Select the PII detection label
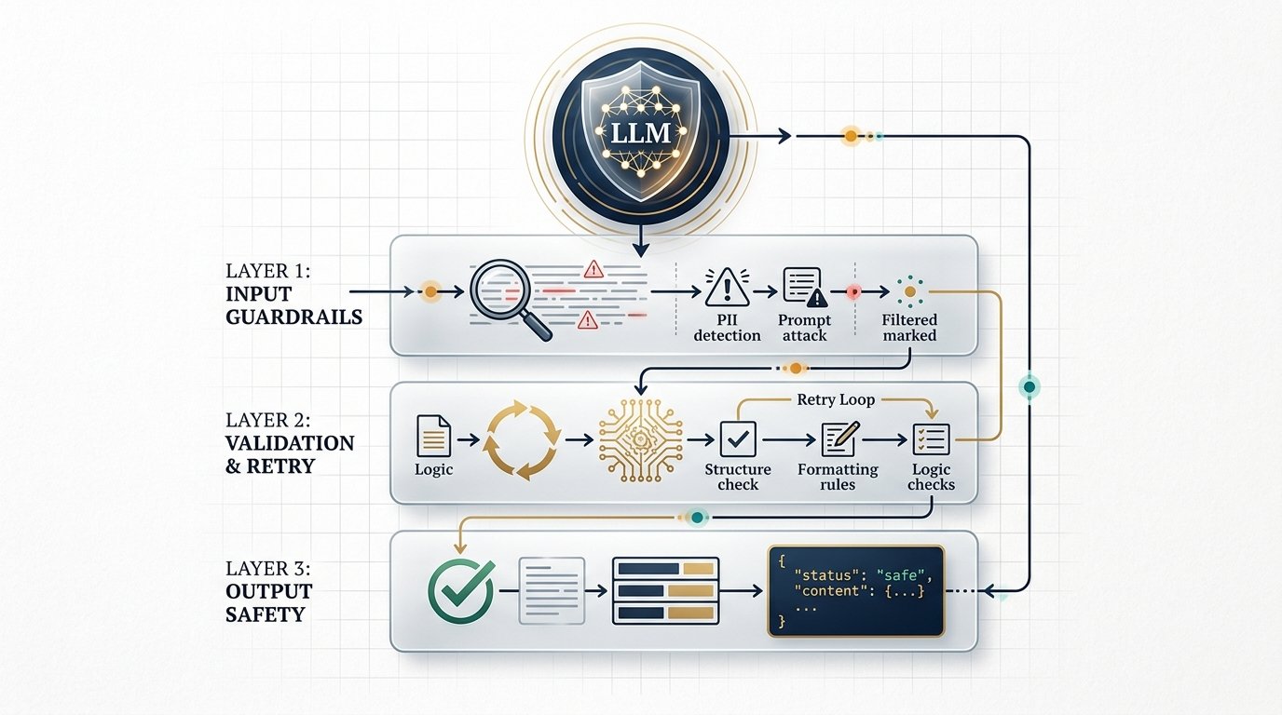coord(727,327)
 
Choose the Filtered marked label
coord(908,327)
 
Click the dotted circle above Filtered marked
coord(909,291)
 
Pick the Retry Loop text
coord(836,399)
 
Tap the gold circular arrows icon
coord(523,439)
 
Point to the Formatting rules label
coord(838,476)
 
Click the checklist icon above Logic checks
coord(931,438)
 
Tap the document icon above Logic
coord(434,436)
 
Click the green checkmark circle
coord(459,589)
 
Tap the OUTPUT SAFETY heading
coord(268,602)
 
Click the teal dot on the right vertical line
coord(1029,385)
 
